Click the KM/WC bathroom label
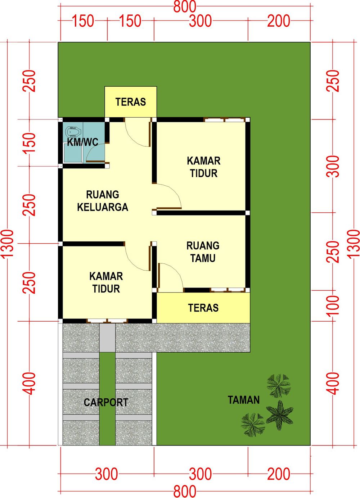tap(82, 142)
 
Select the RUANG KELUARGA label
tap(103, 201)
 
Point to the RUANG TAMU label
tap(203, 252)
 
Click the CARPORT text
tap(106, 402)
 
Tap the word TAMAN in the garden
tap(244, 400)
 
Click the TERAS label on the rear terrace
tap(131, 102)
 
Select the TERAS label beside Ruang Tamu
tap(203, 308)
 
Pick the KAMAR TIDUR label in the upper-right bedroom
tap(204, 167)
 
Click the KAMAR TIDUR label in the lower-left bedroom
tap(106, 282)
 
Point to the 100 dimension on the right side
tap(334, 305)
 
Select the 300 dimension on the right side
tap(334, 166)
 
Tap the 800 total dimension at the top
tap(185, 6)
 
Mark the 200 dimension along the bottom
tap(279, 474)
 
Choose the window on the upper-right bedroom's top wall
tap(225, 119)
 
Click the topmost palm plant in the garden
tap(278, 385)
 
